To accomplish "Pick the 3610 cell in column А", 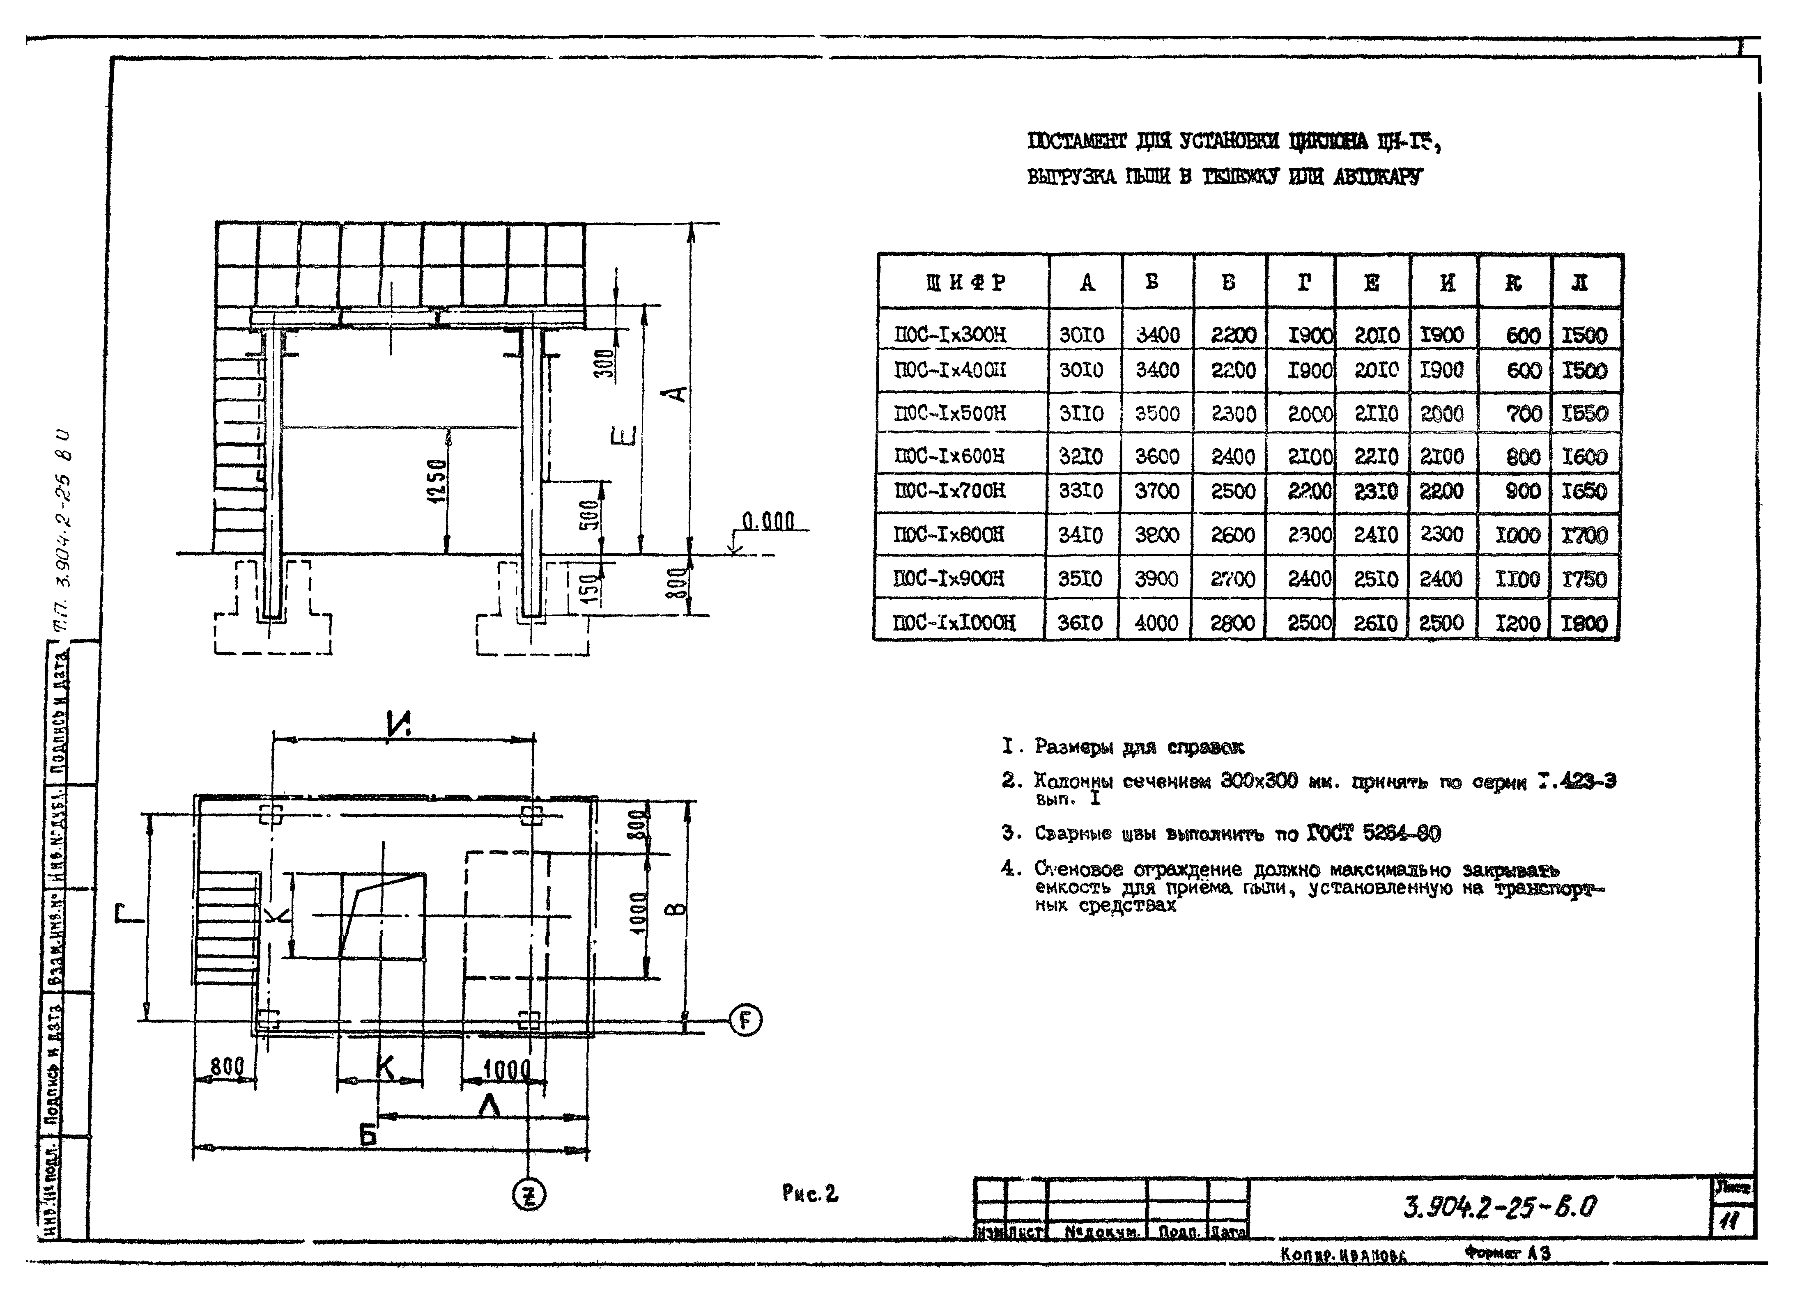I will pos(1080,623).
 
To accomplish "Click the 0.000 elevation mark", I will pos(768,521).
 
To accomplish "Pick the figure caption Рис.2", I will pos(809,1193).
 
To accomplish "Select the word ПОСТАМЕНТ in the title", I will pos(1076,142).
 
